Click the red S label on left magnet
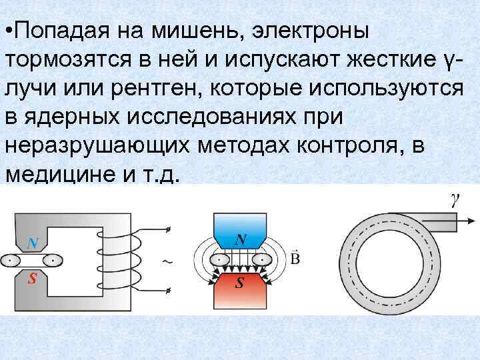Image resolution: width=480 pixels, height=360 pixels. (31, 279)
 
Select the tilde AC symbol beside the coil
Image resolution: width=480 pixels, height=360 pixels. (167, 261)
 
